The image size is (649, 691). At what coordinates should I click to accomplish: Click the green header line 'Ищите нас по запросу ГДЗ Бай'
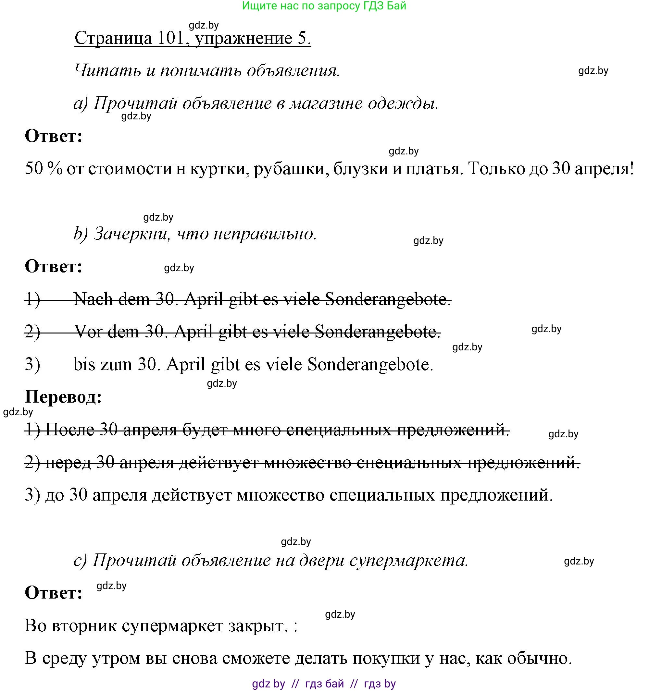[324, 6]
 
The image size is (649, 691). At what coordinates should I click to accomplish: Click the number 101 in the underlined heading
[170, 38]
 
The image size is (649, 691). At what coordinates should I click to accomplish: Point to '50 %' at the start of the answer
[44, 169]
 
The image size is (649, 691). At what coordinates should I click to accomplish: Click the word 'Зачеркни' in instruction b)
[132, 234]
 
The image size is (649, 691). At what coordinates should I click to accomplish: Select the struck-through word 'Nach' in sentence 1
[93, 299]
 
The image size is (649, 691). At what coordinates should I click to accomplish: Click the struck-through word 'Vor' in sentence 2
[88, 331]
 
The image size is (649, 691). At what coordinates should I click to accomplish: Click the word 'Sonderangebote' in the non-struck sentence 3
[370, 364]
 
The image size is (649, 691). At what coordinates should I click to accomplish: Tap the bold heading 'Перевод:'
[63, 396]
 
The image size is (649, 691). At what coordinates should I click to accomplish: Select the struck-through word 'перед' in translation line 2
[68, 462]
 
